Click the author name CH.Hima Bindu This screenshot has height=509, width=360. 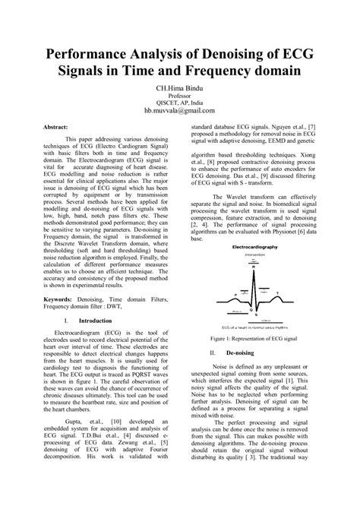coord(180,90)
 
